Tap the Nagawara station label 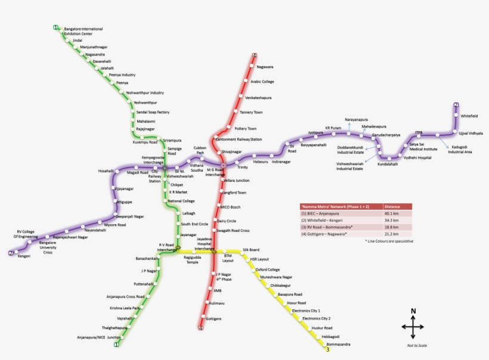[x=265, y=67]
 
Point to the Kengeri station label [x=24, y=256]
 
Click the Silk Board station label [x=250, y=250]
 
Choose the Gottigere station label [x=213, y=319]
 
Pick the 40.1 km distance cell [x=392, y=213]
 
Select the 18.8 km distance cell [x=392, y=227]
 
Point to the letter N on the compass [x=413, y=311]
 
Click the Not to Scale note [x=417, y=345]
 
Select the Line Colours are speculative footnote [x=389, y=241]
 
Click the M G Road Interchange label [x=215, y=172]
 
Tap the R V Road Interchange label [x=166, y=247]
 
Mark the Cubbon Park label [x=200, y=150]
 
